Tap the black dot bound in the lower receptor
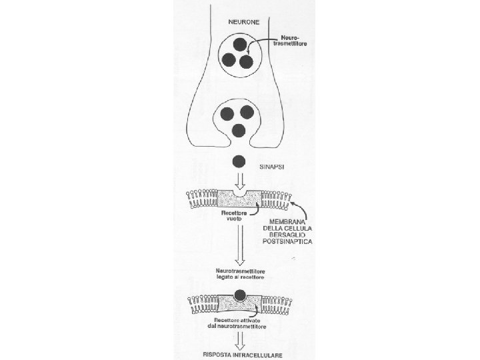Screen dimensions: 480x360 pos(241,297)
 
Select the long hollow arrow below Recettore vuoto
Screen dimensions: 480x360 pos(240,247)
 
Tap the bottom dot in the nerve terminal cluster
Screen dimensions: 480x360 pos(239,129)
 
